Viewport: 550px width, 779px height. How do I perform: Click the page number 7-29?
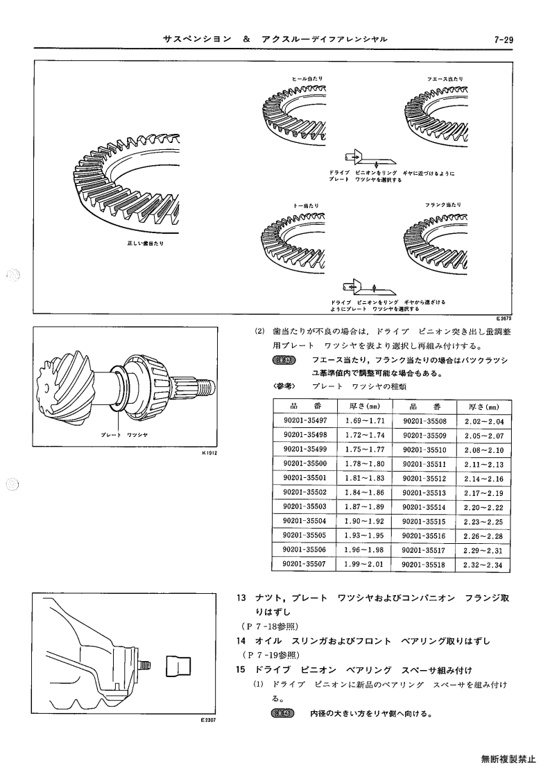[x=504, y=40]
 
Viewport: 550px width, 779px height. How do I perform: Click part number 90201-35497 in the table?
[x=305, y=421]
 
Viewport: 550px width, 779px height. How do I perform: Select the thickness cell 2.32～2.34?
[x=483, y=565]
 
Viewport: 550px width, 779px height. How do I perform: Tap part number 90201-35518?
[x=424, y=565]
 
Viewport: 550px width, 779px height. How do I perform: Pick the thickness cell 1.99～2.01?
[x=365, y=565]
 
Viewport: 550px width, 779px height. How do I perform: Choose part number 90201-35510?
[x=424, y=450]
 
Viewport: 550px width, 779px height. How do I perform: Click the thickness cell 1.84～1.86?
[x=365, y=493]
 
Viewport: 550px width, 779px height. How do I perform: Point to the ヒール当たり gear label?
[x=307, y=78]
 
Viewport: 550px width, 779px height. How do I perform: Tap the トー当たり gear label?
[x=306, y=205]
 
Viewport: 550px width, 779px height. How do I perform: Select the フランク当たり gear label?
[x=442, y=205]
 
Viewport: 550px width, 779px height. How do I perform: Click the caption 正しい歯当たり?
[x=146, y=243]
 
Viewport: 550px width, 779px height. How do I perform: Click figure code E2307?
[x=209, y=719]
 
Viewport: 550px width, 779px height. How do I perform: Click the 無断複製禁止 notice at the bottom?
[x=508, y=759]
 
